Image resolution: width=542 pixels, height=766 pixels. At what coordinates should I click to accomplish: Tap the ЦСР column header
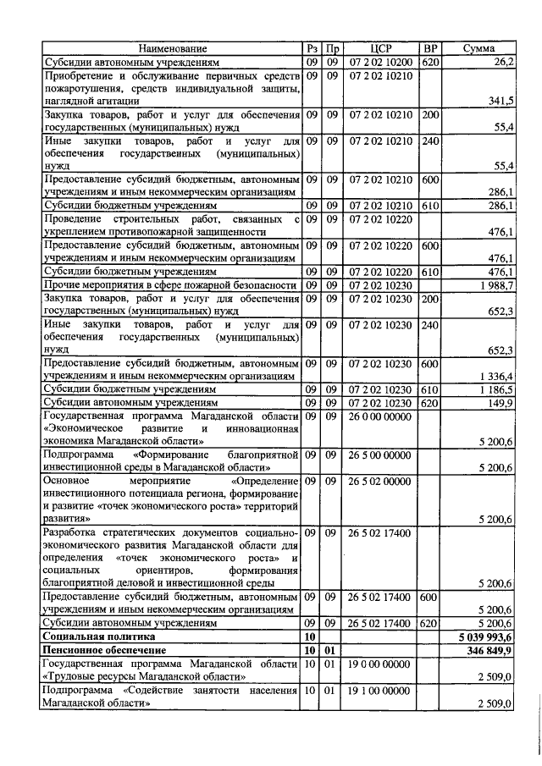380,49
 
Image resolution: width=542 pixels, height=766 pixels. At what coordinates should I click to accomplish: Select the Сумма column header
478,49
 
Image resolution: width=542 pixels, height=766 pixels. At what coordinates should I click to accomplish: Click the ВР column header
430,49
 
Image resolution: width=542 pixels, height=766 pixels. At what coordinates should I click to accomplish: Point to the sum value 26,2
505,62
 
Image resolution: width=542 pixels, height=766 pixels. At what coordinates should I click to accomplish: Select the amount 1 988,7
496,285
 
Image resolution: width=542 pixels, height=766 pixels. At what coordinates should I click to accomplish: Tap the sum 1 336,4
496,375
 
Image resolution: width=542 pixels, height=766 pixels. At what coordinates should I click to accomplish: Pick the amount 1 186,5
496,389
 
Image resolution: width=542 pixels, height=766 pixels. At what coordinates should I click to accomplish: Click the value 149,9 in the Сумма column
501,402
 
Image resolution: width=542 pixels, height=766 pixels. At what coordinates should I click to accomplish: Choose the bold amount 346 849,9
490,648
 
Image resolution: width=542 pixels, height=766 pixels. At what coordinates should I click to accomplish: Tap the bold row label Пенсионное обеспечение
105,648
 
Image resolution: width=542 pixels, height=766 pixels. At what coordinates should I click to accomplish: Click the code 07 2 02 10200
380,62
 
